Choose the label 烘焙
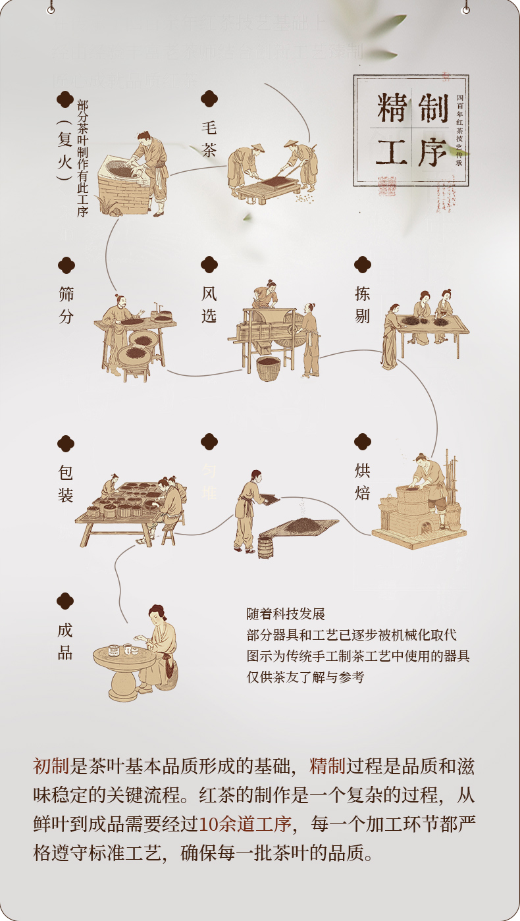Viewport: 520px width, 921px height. (x=362, y=481)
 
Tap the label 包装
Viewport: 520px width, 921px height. (x=65, y=484)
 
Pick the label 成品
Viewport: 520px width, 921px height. (x=65, y=642)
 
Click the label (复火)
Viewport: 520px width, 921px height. (x=64, y=150)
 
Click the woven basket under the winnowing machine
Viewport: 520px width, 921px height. (x=268, y=369)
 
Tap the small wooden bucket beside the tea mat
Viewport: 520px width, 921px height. (x=265, y=546)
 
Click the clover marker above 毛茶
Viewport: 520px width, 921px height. (x=209, y=99)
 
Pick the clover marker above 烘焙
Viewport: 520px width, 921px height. (x=362, y=441)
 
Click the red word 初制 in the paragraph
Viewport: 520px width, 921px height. (x=51, y=766)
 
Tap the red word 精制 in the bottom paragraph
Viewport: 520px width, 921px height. (x=327, y=766)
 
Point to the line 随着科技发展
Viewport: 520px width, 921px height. (x=286, y=614)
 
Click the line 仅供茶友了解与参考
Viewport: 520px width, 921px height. (x=305, y=677)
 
